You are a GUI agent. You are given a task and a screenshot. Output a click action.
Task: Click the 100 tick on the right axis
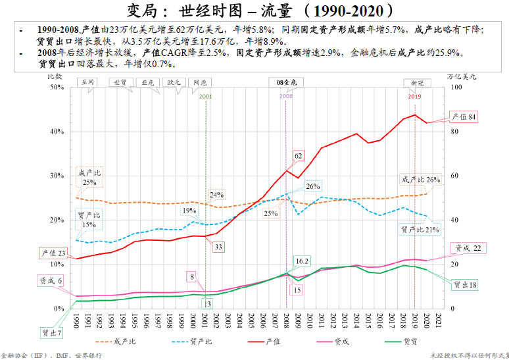[x=452, y=87]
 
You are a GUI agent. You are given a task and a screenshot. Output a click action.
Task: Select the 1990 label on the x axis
[x=76, y=320]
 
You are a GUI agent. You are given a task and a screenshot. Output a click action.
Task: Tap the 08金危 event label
[x=287, y=82]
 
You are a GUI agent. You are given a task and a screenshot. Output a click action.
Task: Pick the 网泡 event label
[x=200, y=82]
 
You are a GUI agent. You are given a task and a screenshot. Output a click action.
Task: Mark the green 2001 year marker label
[x=205, y=96]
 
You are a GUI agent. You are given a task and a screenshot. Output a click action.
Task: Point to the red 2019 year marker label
[x=414, y=96]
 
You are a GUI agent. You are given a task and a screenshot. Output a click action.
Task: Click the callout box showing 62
[x=298, y=156]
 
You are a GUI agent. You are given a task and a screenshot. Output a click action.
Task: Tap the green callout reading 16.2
[x=302, y=261]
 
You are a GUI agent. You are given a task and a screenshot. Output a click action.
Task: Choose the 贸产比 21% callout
[x=420, y=230]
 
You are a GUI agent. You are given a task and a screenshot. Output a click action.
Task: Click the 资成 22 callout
[x=468, y=248]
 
